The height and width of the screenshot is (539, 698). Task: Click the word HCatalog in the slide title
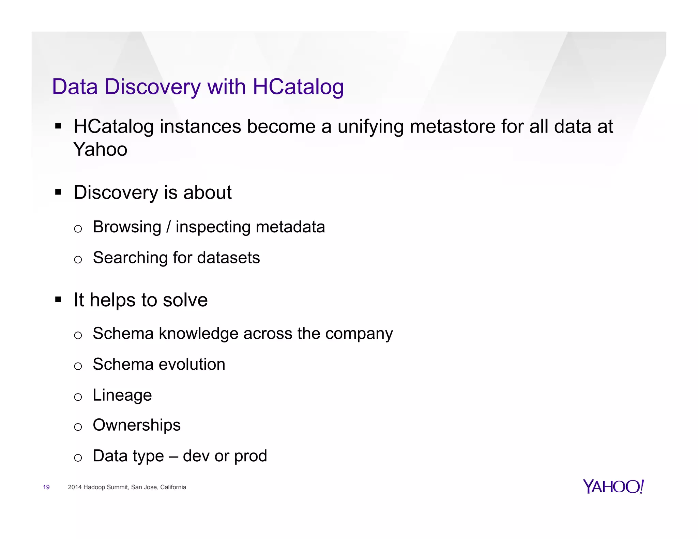click(x=298, y=87)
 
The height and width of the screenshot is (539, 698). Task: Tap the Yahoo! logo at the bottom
click(x=613, y=487)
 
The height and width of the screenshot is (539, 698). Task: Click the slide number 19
click(x=46, y=487)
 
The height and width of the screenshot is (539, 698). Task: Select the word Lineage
click(x=122, y=396)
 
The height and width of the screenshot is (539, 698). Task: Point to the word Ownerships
click(x=137, y=426)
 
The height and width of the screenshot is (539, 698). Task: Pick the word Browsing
click(x=127, y=227)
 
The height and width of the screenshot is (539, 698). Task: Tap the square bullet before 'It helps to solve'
click(x=58, y=300)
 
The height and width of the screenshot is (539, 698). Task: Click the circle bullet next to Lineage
click(x=78, y=397)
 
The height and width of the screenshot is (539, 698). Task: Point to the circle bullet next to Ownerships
click(x=78, y=427)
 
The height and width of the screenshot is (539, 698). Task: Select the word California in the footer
click(x=173, y=487)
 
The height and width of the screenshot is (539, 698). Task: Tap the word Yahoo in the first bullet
click(x=100, y=150)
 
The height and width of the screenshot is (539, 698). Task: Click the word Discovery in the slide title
click(x=153, y=87)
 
